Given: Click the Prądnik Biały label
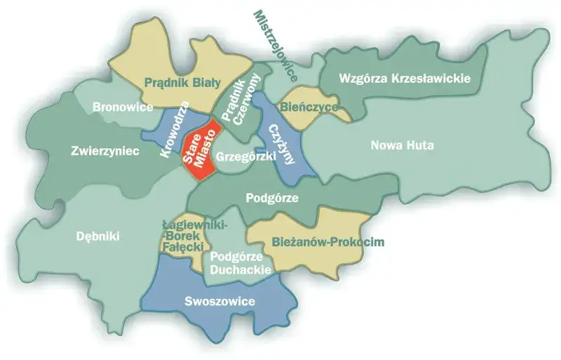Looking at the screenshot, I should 179,81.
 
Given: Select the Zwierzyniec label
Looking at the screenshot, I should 105,150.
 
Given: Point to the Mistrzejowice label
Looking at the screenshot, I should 276,43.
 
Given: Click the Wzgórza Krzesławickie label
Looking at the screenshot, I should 404,78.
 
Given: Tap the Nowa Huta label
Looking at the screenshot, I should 402,146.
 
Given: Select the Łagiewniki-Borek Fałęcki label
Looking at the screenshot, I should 182,237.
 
